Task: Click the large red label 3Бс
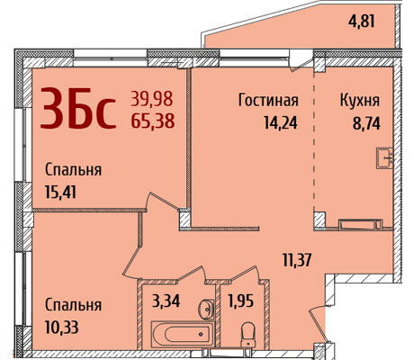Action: (x=78, y=108)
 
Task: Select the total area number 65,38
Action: (x=153, y=121)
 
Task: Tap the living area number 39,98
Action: (x=152, y=99)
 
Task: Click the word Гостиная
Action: (x=268, y=100)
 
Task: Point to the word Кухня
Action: (x=360, y=101)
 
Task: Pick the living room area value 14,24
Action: (x=281, y=122)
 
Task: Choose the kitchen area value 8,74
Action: (x=366, y=123)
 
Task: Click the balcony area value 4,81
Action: (x=362, y=21)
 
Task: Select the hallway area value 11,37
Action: (x=297, y=260)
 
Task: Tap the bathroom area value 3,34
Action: (x=166, y=301)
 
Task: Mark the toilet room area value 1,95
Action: (x=241, y=301)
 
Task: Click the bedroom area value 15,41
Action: (x=60, y=192)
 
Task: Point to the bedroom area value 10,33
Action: (x=62, y=327)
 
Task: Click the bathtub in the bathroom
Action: (x=183, y=335)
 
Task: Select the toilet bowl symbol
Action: (x=248, y=334)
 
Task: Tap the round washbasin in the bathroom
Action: (x=206, y=309)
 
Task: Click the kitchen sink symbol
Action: (x=384, y=158)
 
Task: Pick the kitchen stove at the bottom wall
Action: (x=361, y=224)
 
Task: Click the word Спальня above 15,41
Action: (x=73, y=170)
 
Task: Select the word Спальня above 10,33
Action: (x=73, y=305)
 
